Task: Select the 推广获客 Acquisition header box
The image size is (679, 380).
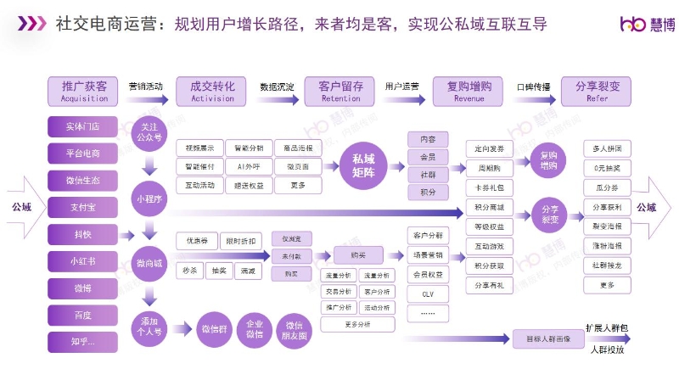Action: coord(84,90)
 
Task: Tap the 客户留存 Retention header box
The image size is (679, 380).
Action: coord(340,90)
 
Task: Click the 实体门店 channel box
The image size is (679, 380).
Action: coord(83,126)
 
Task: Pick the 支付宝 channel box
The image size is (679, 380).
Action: coord(83,207)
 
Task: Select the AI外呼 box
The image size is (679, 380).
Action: coord(250,166)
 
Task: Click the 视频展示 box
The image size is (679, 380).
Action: coord(199,148)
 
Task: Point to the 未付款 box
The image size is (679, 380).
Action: coord(292,256)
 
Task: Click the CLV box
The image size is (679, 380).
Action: coord(428,293)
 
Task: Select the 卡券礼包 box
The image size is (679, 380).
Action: coord(490,187)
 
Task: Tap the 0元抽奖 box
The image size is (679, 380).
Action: coord(606,168)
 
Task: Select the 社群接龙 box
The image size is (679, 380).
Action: coord(606,265)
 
